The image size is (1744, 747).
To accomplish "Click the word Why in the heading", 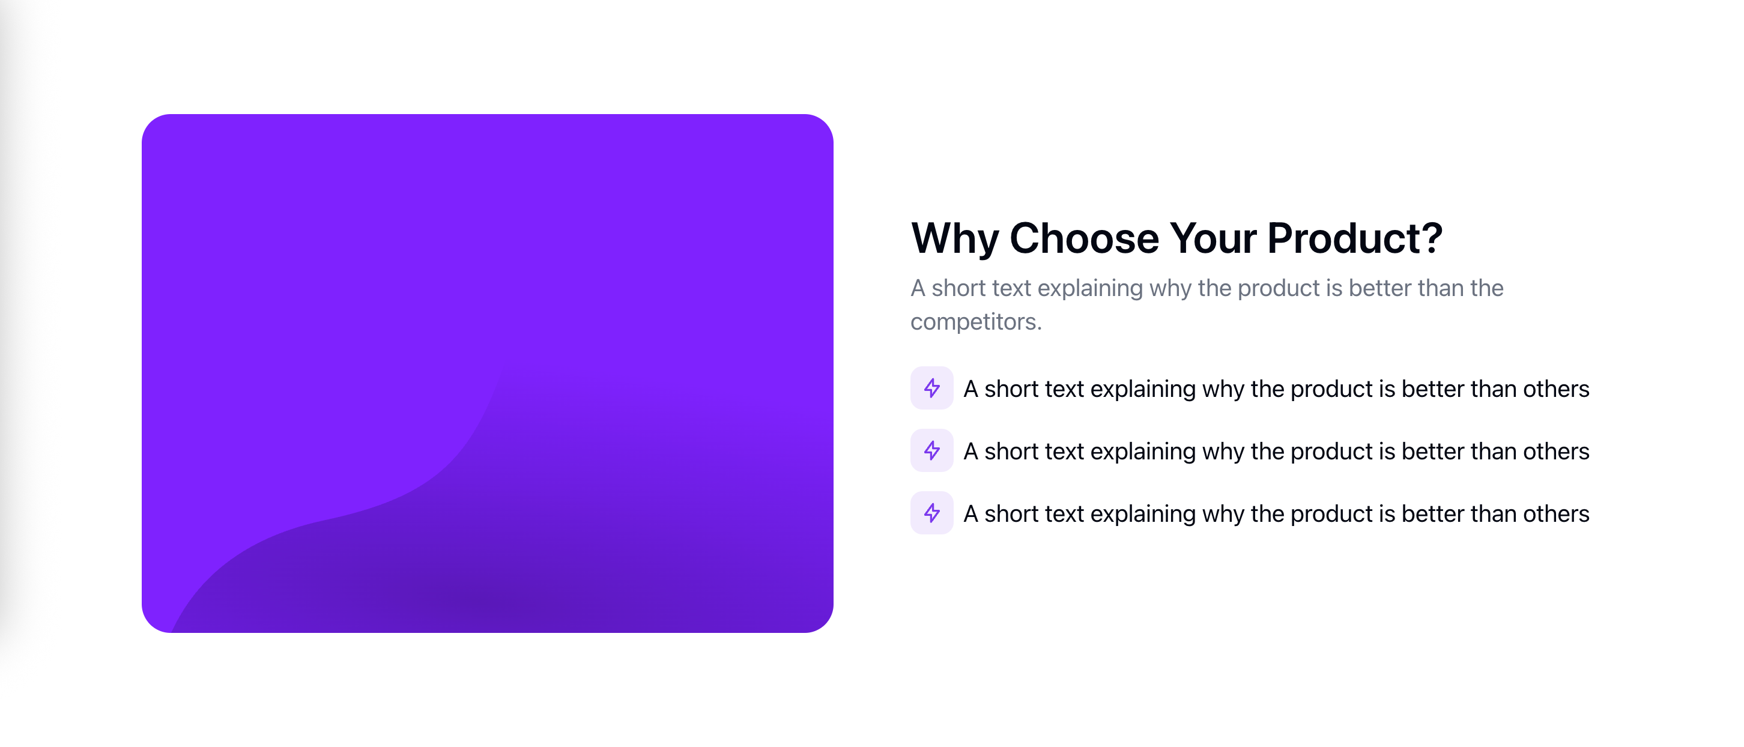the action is pyautogui.click(x=955, y=239).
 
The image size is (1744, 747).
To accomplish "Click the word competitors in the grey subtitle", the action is pyautogui.click(x=975, y=322).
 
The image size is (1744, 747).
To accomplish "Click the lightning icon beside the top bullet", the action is pyautogui.click(x=931, y=388).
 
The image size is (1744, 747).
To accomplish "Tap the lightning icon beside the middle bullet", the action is pyautogui.click(x=931, y=450).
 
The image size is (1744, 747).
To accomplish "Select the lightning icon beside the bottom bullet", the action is pyautogui.click(x=931, y=513).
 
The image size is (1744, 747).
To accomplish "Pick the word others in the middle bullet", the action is pyautogui.click(x=1556, y=451).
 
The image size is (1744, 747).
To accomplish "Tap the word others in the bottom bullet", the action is pyautogui.click(x=1556, y=514).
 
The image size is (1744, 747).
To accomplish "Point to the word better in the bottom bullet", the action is pyautogui.click(x=1432, y=514).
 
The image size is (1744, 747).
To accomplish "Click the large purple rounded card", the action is pyautogui.click(x=488, y=373).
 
